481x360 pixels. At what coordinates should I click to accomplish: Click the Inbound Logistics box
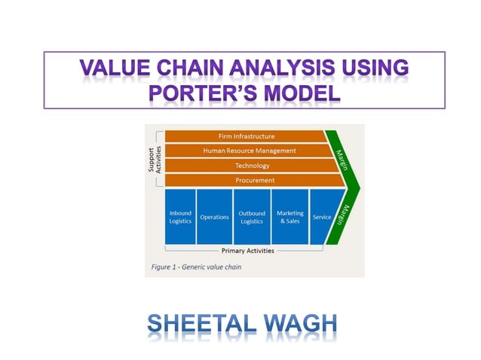pos(180,217)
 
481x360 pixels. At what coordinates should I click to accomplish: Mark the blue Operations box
pos(214,217)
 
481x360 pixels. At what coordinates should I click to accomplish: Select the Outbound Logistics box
pos(251,217)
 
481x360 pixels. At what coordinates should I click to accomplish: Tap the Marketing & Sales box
pos(290,217)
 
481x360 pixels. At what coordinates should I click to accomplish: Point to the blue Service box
pos(322,217)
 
